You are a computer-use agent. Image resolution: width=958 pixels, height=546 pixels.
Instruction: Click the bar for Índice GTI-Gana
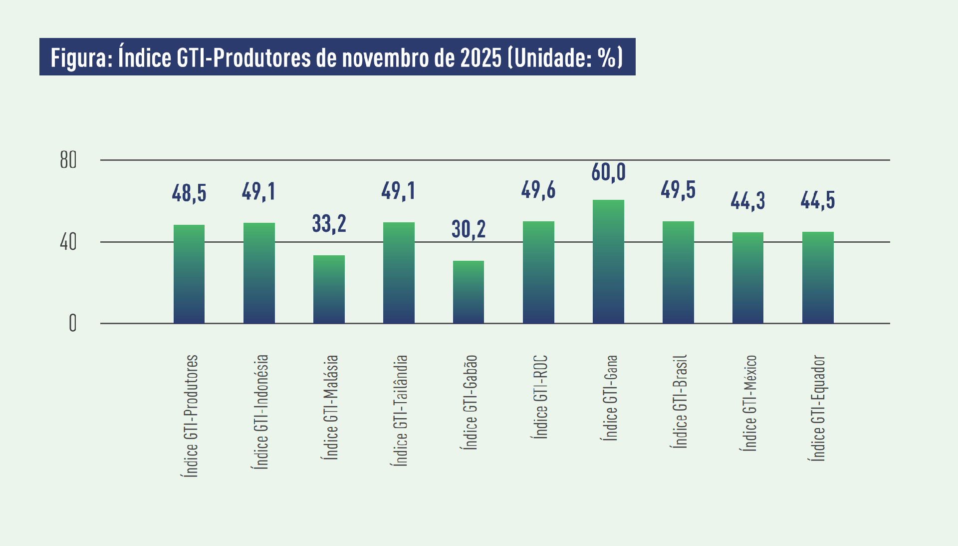pos(608,262)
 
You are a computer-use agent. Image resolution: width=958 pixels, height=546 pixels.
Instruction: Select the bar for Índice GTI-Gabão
pos(469,292)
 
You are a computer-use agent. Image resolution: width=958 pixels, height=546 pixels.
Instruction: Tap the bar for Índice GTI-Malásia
pos(329,289)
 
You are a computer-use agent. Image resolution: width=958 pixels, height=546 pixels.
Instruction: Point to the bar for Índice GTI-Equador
pos(818,278)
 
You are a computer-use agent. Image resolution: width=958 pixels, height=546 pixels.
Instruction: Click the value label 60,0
pos(608,172)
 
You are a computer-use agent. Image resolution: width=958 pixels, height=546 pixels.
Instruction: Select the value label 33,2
pos(329,223)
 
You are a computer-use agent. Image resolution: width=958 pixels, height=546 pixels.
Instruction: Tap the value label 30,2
pos(469,229)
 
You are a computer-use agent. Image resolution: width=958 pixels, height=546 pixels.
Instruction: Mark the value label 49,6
pos(538,190)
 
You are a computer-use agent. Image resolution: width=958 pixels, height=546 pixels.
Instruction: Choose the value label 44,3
pos(747,201)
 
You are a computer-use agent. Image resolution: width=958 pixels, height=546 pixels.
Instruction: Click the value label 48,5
pos(189,193)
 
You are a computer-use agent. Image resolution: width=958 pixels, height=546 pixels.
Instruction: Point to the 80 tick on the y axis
pos(68,160)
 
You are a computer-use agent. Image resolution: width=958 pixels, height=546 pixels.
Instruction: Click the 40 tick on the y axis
pos(68,242)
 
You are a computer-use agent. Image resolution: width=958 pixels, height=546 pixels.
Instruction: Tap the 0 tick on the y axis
pos(73,324)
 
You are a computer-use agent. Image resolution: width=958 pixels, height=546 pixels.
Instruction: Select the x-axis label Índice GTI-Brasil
pos(681,401)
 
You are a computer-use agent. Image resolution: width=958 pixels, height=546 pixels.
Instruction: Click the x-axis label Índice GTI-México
pos(750,403)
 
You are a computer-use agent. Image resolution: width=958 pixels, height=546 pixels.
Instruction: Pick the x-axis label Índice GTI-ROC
pos(541,397)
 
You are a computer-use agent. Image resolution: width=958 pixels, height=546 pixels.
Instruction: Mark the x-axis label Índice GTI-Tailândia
pos(401,411)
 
